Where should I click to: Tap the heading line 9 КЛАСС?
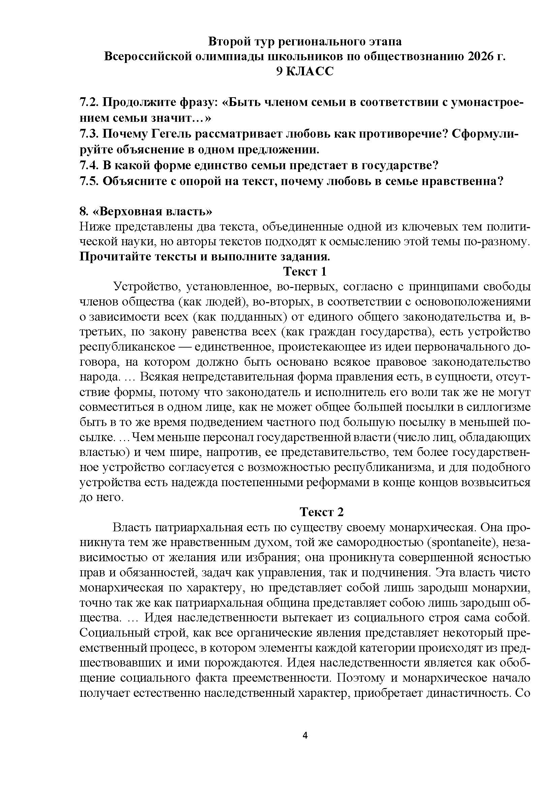(x=305, y=71)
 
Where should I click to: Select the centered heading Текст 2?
(x=321, y=512)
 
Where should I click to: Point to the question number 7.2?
(x=89, y=102)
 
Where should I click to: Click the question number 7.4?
(x=89, y=165)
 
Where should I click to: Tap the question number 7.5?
(x=89, y=181)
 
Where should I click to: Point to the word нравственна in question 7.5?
(x=459, y=181)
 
